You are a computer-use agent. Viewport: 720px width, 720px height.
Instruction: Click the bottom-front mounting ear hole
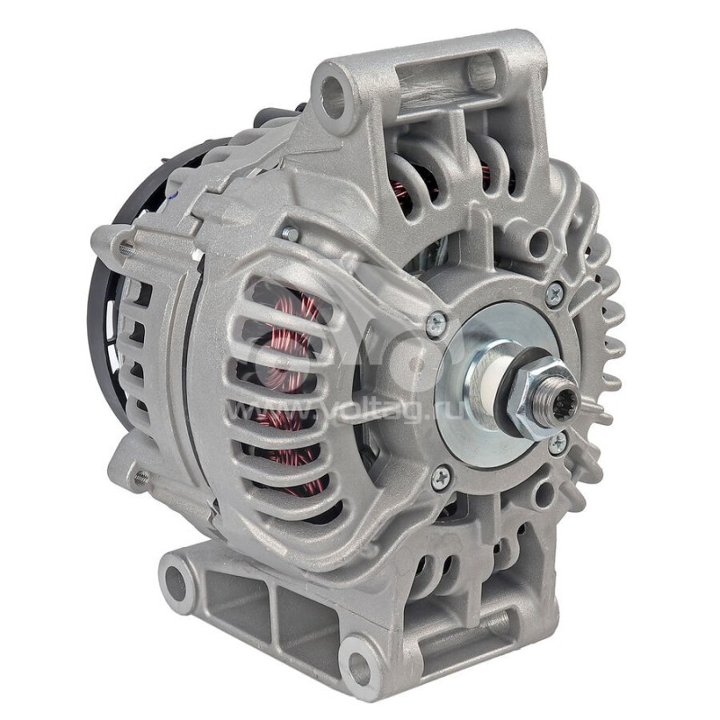(x=359, y=667)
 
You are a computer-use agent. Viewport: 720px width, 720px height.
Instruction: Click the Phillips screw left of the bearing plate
(x=436, y=321)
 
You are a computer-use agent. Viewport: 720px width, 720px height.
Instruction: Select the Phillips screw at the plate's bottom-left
(x=441, y=478)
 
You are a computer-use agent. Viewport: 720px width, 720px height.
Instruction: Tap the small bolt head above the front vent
(x=290, y=233)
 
